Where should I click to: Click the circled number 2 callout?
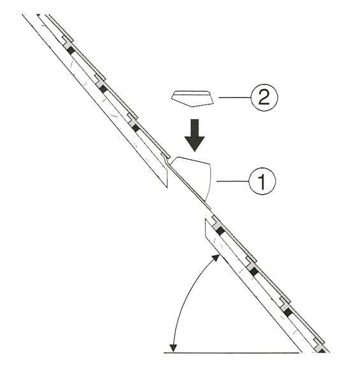pos(264,97)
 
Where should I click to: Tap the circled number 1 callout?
pos(263,181)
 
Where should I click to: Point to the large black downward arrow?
pos(194,135)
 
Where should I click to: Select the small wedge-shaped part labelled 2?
pos(192,99)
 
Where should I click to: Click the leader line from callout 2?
pos(235,97)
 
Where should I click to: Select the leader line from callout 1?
pos(233,181)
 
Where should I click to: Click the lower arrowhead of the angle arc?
pos(173,348)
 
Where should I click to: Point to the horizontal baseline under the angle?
pos(231,353)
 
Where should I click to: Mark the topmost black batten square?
pos(71,51)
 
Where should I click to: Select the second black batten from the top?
pos(103,89)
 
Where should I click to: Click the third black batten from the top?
pos(136,128)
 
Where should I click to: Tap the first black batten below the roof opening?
pos(220,231)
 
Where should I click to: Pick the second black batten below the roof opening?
pos(254,271)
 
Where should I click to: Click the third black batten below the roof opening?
pos(288,313)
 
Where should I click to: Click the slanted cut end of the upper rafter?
pos(167,178)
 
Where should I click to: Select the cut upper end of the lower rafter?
pos(205,227)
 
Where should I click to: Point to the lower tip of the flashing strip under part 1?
pos(210,209)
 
